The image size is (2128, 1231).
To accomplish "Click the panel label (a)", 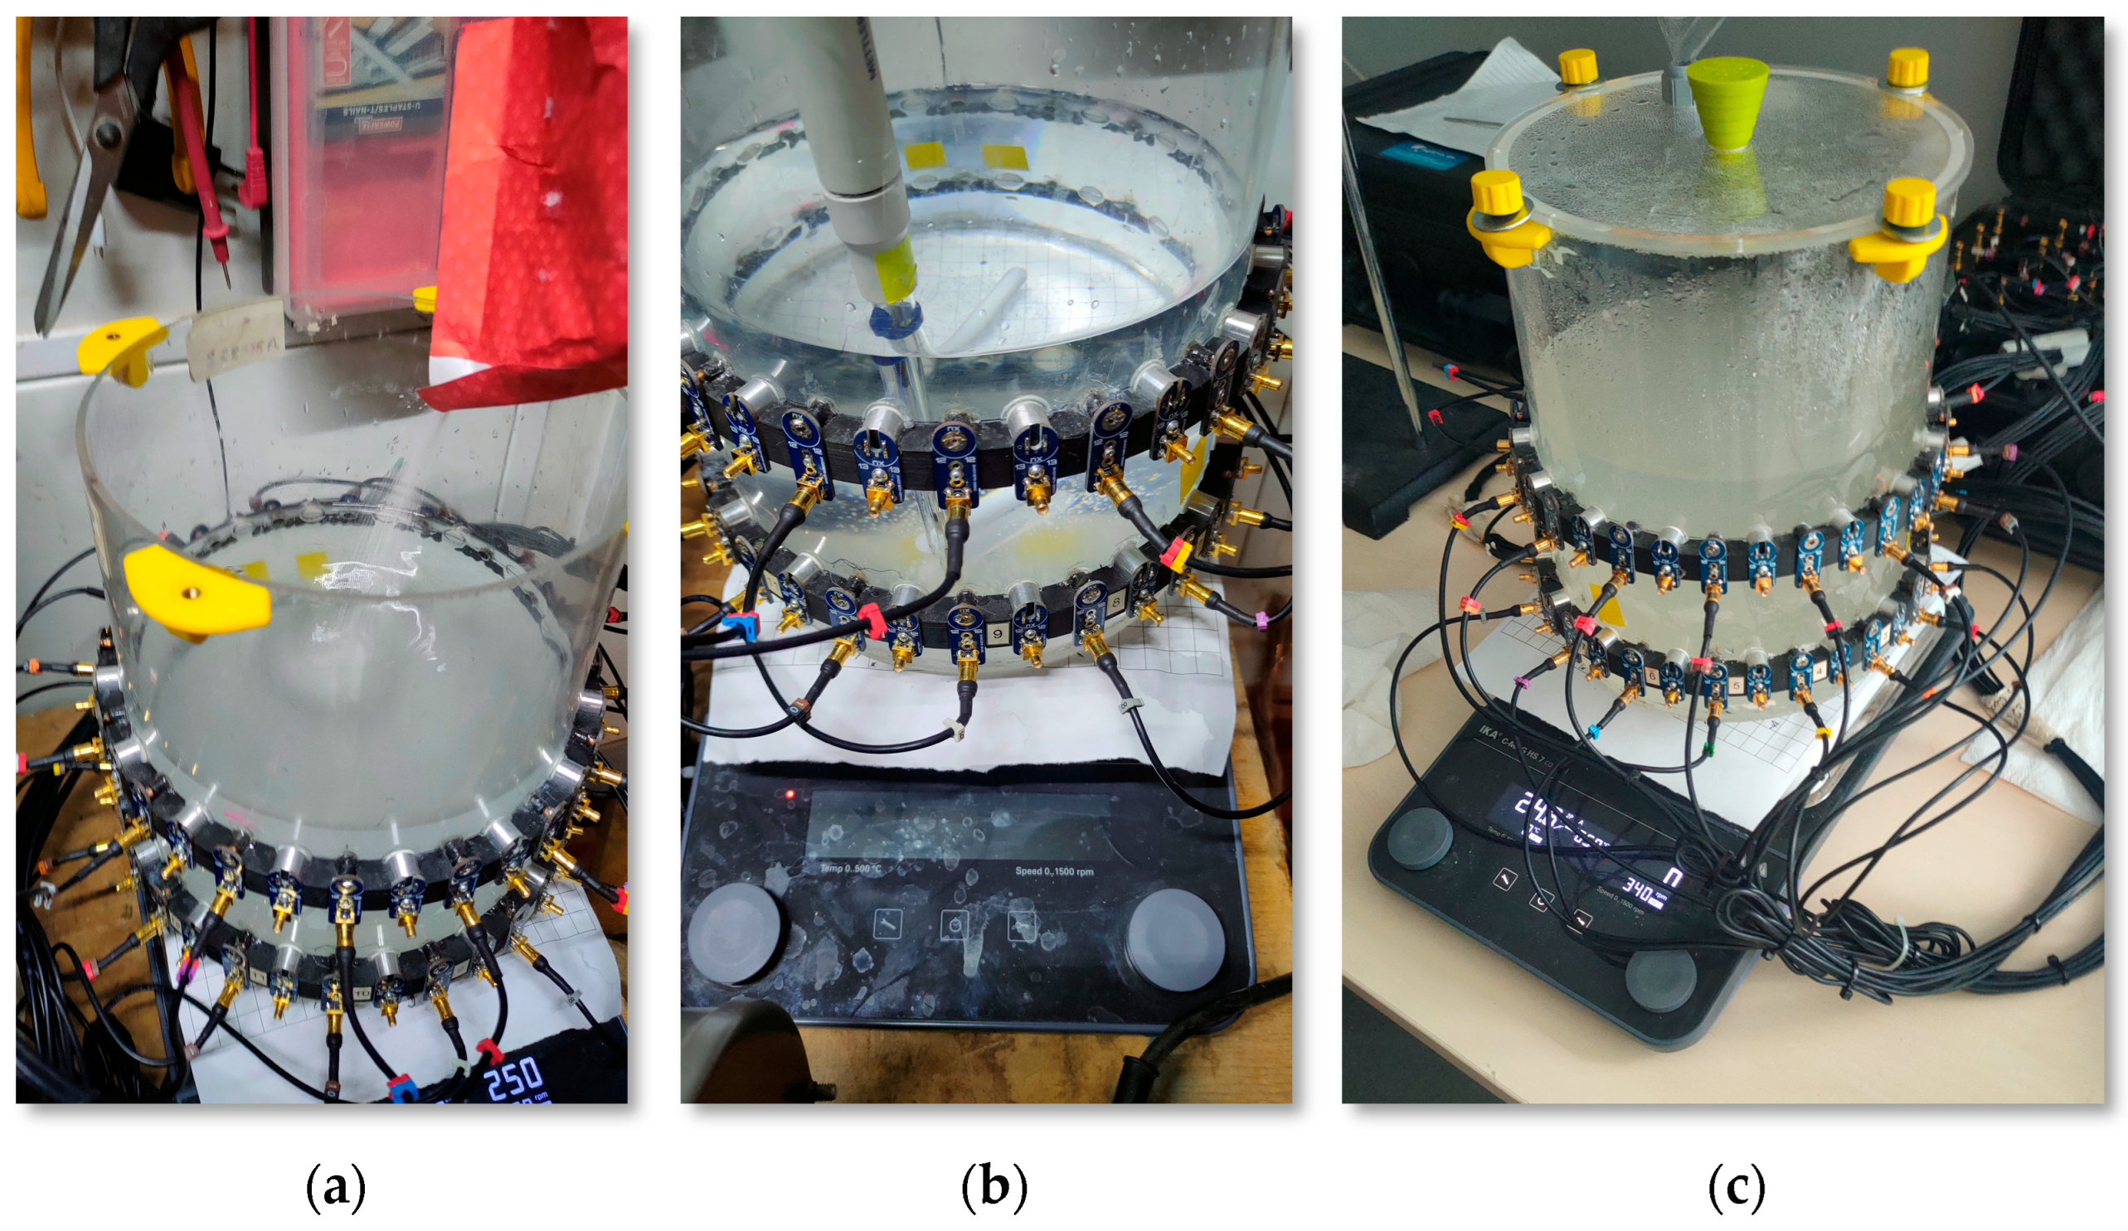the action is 335,1186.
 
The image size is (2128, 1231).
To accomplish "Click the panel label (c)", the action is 1737,1186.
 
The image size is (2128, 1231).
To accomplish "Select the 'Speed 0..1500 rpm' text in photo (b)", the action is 1054,870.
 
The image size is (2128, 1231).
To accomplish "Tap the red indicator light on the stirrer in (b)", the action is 790,794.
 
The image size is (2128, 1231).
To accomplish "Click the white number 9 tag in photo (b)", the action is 998,632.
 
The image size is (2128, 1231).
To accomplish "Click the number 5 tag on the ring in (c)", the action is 1737,686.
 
